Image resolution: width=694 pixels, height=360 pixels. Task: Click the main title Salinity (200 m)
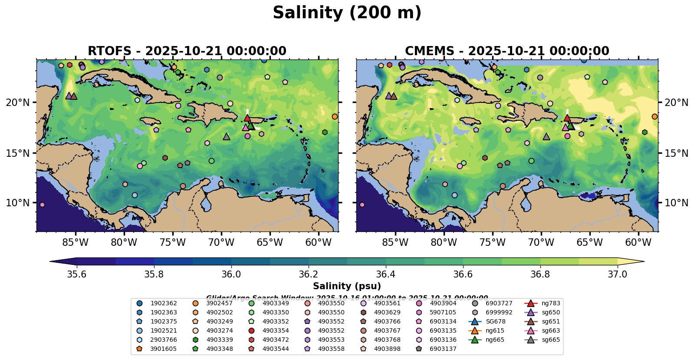(x=347, y=13)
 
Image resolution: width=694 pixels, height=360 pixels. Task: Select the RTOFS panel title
(x=187, y=51)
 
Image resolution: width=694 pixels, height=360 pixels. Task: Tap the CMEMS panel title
(x=507, y=51)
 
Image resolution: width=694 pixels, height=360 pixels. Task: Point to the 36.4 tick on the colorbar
(x=385, y=274)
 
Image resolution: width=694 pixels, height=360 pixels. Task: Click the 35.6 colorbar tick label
(x=77, y=274)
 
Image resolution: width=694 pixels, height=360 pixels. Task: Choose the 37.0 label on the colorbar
(x=617, y=274)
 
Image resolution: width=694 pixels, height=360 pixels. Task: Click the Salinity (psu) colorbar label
(x=347, y=286)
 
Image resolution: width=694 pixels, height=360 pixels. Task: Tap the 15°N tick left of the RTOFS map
(x=18, y=153)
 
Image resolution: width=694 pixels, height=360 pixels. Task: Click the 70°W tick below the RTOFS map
(x=221, y=242)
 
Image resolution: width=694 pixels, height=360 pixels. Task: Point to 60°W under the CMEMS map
(x=638, y=242)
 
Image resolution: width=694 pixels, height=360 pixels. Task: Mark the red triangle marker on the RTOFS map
(x=247, y=118)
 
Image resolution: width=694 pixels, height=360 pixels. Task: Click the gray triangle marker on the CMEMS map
(x=546, y=137)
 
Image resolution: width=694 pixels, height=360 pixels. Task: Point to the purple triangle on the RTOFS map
(x=69, y=96)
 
